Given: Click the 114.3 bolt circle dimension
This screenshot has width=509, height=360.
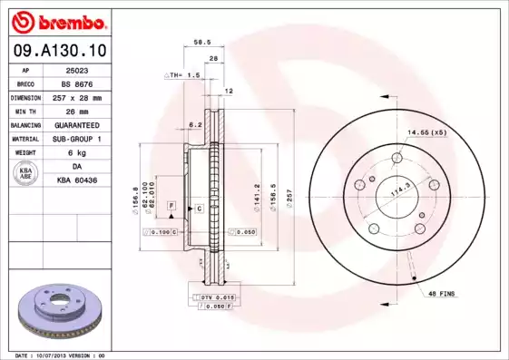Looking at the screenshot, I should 397,192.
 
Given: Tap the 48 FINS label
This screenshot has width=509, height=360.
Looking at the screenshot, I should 445,294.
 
